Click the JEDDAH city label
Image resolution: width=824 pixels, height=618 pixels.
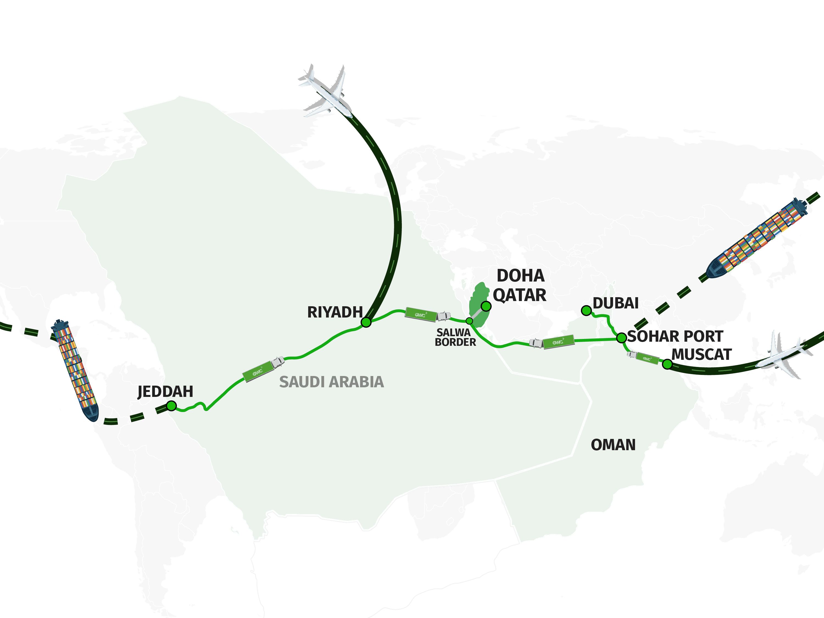165,391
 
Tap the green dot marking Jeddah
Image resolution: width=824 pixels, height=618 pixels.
171,406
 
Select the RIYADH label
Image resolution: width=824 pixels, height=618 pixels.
335,312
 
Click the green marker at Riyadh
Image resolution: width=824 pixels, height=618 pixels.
366,322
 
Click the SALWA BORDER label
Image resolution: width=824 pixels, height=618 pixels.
455,337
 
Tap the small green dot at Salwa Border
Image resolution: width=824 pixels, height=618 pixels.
469,321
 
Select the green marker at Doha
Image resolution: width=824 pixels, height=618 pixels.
486,306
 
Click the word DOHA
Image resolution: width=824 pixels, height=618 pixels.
520,276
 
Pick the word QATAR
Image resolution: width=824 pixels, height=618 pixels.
519,295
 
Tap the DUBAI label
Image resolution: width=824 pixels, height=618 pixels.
616,303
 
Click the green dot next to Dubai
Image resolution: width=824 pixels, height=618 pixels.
586,310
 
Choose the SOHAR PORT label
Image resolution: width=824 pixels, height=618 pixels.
675,336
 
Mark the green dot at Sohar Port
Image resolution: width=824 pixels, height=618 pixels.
621,338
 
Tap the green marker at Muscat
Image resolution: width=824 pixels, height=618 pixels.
667,364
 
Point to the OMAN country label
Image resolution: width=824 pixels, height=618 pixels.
613,445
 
